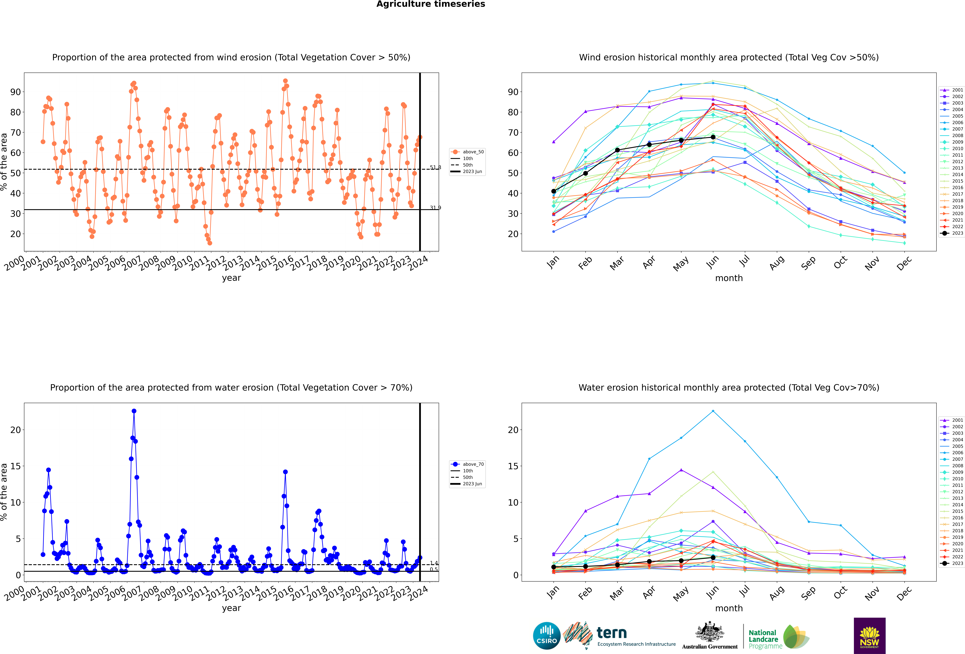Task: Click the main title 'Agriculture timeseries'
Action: tap(431, 4)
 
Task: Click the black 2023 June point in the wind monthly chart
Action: tap(713, 137)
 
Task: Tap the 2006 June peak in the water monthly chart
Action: tap(713, 411)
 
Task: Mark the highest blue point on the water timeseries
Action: tap(134, 411)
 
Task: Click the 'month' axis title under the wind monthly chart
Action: tap(729, 278)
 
